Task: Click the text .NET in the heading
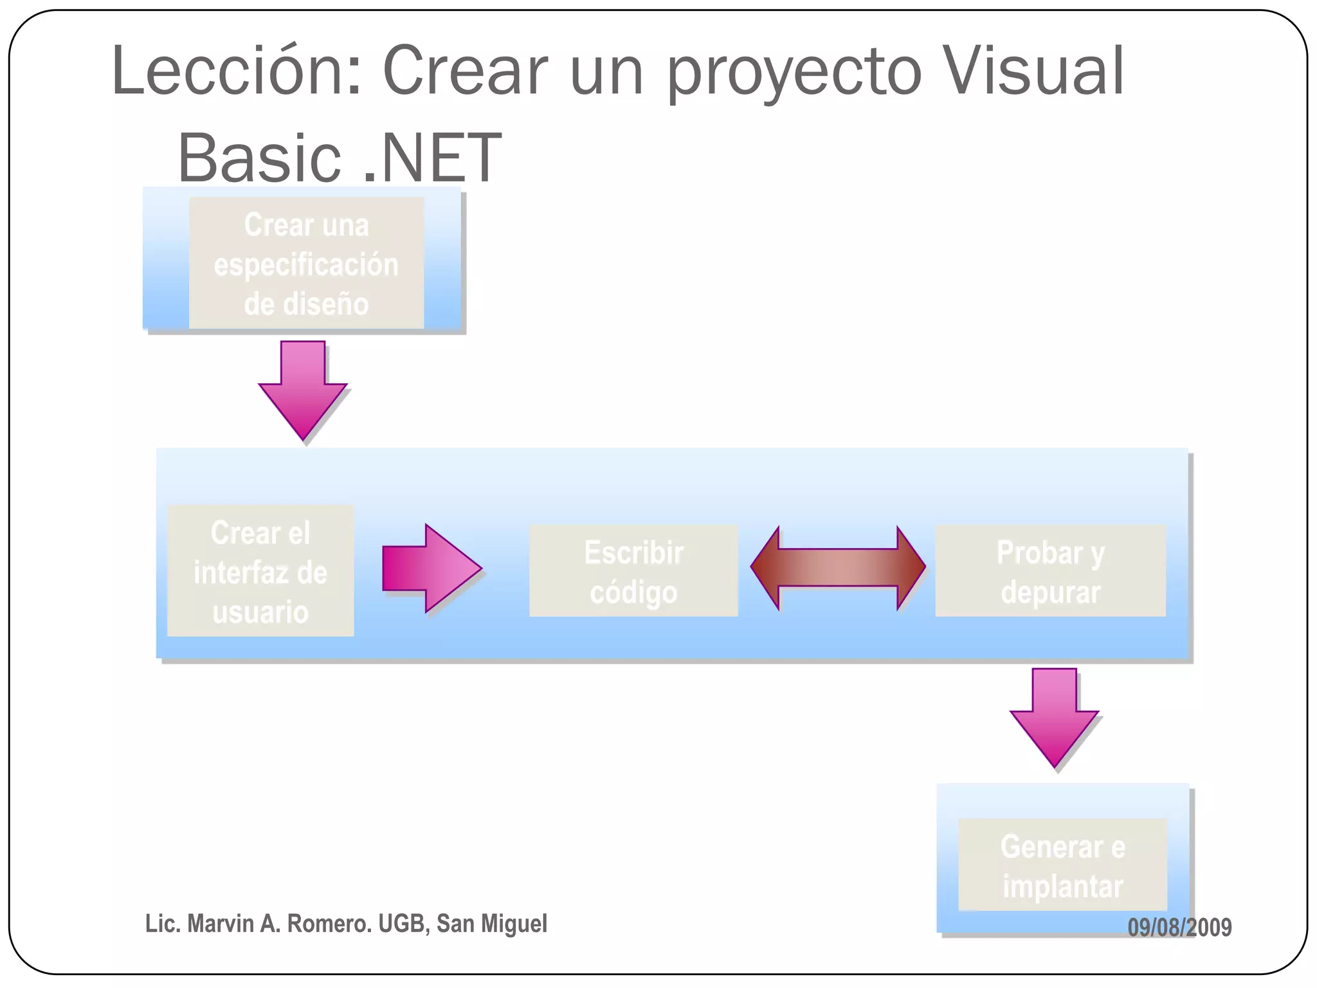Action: point(432,158)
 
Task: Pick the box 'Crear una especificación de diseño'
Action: point(306,264)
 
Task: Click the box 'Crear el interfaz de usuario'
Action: point(260,571)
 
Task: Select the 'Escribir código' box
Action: point(633,571)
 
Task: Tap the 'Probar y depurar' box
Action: point(1050,571)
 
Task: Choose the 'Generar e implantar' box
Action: point(1062,864)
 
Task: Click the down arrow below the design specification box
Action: point(303,389)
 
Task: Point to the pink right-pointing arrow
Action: point(431,568)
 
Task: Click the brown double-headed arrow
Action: point(838,567)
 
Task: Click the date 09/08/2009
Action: point(1179,927)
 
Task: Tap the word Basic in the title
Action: point(259,158)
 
